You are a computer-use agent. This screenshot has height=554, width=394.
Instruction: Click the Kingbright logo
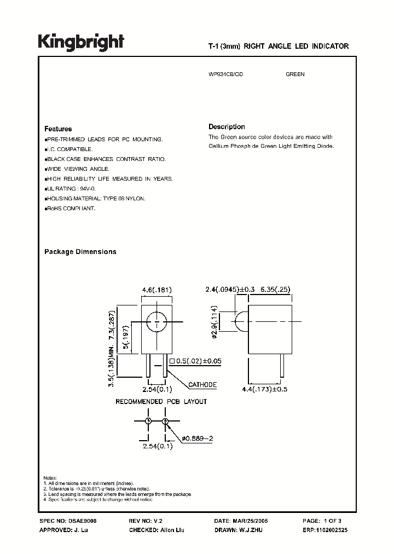pos(81,42)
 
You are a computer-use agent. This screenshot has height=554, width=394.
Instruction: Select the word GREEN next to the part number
pos(295,74)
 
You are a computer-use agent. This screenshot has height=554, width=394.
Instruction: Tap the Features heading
pos(58,129)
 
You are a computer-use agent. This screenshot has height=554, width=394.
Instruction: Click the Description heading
pos(227,126)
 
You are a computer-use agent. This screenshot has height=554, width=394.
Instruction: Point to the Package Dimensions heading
pos(80,252)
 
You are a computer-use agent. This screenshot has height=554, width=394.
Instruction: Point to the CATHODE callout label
pos(202,385)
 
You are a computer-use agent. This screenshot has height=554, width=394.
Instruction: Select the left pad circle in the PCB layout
pos(148,420)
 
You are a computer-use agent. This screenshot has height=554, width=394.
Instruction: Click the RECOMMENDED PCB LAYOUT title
pos(161,402)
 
